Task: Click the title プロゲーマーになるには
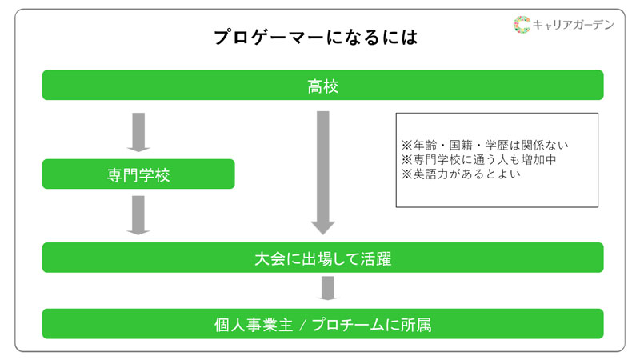pyautogui.click(x=316, y=38)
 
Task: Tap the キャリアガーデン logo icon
pyautogui.click(x=522, y=25)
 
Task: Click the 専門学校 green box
pyautogui.click(x=138, y=174)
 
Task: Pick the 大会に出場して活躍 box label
pyautogui.click(x=322, y=259)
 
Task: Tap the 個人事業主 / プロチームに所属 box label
pyautogui.click(x=322, y=325)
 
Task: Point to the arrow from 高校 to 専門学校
pyautogui.click(x=138, y=132)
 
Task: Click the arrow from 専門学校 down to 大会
pyautogui.click(x=138, y=215)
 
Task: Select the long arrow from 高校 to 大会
pyautogui.click(x=322, y=172)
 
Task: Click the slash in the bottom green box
pyautogui.click(x=300, y=325)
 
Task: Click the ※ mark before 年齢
pyautogui.click(x=406, y=146)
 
